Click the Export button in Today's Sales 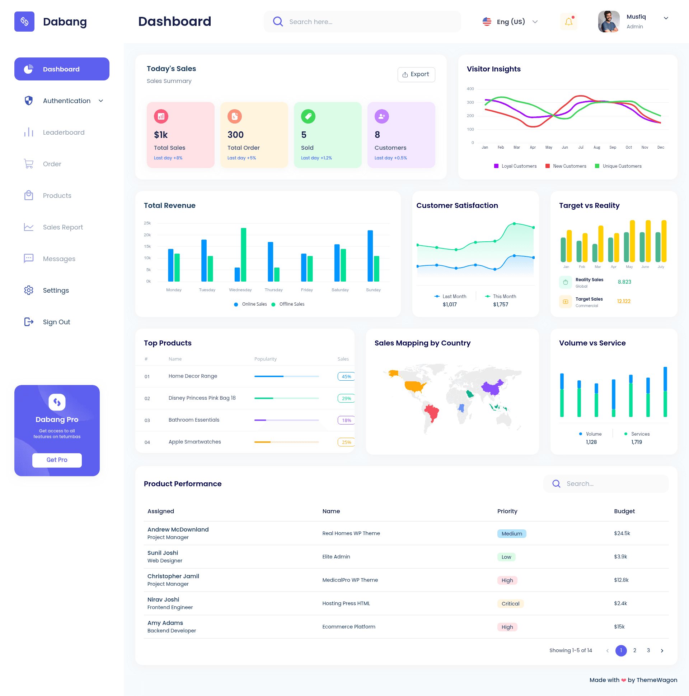416,75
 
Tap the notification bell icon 568,22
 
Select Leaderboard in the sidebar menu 64,133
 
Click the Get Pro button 57,460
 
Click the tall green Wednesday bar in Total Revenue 243,255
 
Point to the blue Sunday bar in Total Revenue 370,256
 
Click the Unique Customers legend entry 618,166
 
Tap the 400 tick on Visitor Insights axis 470,89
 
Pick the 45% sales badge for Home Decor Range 346,376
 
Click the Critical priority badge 510,604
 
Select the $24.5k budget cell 622,534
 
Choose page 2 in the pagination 635,651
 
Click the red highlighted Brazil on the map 432,413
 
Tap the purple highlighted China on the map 492,388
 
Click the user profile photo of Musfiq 609,22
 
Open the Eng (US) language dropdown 510,22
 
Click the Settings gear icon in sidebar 29,291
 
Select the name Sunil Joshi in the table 163,553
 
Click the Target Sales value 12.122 623,302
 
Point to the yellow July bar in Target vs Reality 664,241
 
